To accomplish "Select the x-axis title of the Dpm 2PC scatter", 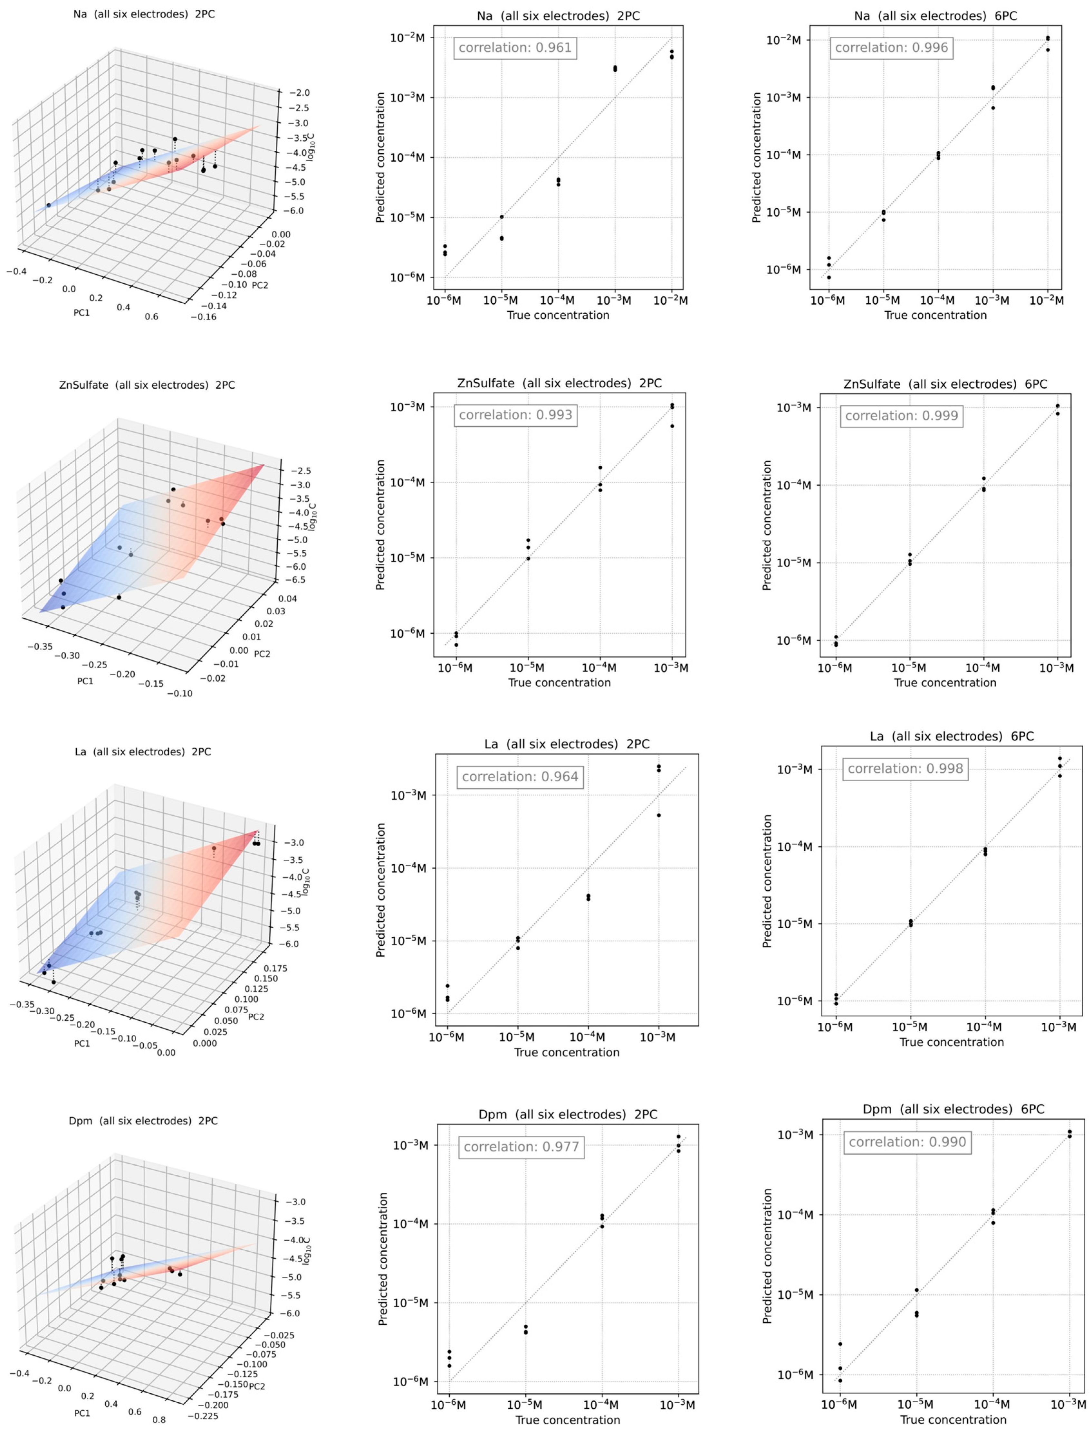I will click(x=568, y=1421).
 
